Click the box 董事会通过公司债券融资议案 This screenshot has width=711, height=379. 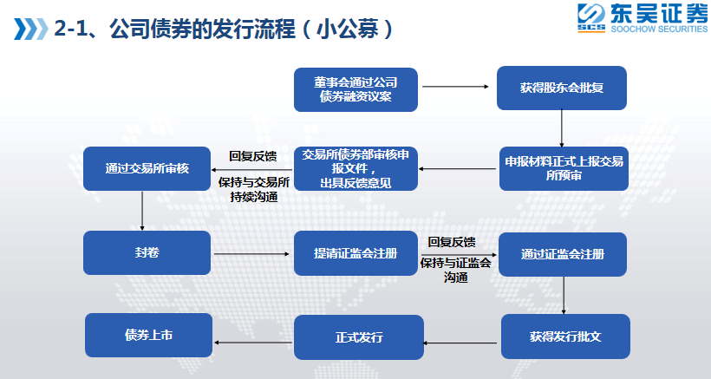coord(355,88)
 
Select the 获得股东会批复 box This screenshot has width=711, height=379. coord(562,88)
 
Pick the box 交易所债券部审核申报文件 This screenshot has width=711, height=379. coord(356,168)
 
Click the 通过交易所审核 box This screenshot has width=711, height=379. coord(146,168)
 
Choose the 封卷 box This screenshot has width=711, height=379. coord(147,253)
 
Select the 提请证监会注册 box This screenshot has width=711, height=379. coord(355,253)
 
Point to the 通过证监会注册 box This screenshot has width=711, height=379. coord(562,254)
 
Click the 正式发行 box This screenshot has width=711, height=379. coord(359,337)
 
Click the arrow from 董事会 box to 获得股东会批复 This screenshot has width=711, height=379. coord(457,87)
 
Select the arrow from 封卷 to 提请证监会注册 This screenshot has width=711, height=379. coord(251,254)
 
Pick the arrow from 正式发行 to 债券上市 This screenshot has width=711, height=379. coord(253,343)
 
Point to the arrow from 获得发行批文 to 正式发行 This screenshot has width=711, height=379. coord(462,343)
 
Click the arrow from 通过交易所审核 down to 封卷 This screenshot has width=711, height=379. coord(142,211)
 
